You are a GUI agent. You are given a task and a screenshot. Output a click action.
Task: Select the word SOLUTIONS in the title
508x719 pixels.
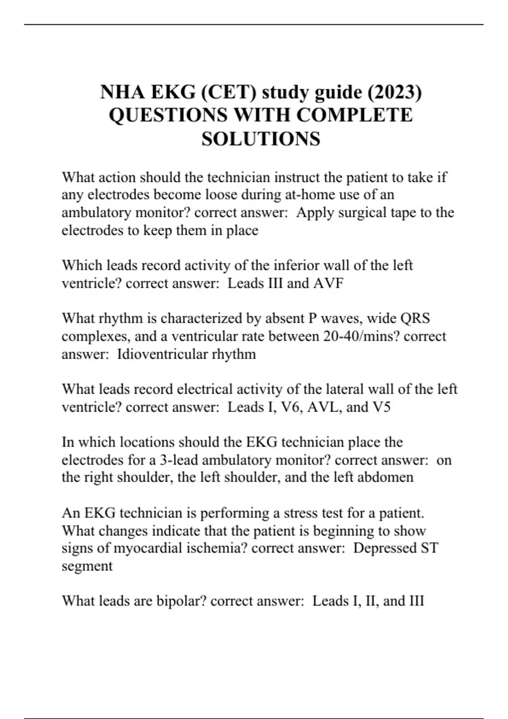(261, 139)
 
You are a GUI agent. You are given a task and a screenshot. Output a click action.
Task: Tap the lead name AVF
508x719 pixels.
(328, 283)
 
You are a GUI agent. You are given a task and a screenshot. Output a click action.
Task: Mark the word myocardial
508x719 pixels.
(155, 548)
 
